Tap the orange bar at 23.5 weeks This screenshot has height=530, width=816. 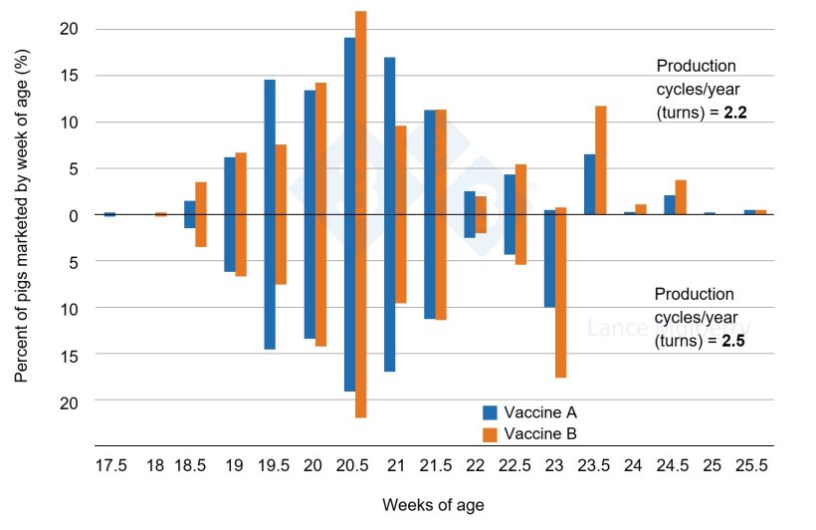tap(600, 159)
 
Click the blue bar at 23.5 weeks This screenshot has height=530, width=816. tap(589, 184)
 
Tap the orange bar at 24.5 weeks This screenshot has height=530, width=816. tap(681, 197)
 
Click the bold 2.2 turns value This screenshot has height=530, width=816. tap(735, 114)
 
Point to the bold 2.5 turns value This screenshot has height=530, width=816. tap(733, 340)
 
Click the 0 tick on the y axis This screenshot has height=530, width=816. tap(73, 215)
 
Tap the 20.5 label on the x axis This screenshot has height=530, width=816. tap(354, 465)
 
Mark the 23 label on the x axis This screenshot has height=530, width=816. tap(555, 465)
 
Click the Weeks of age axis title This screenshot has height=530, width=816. tap(433, 505)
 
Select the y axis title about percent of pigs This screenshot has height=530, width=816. tap(21, 235)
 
